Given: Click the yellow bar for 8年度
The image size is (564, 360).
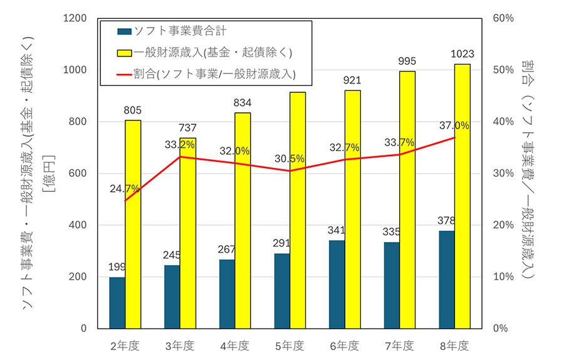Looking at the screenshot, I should click(462, 196).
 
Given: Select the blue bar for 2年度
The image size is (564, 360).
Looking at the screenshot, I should click(117, 302).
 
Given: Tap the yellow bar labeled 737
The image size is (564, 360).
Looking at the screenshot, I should click(187, 233).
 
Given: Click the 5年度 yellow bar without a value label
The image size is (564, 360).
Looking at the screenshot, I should click(297, 210).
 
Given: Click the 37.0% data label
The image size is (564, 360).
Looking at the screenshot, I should click(454, 125).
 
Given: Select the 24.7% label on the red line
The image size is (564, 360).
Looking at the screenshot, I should click(125, 188).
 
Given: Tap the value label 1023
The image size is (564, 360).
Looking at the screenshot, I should click(462, 54).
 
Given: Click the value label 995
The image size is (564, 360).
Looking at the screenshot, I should click(407, 61).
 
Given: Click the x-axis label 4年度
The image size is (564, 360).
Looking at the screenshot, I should click(235, 345).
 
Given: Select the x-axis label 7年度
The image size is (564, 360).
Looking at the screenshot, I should click(399, 345).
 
